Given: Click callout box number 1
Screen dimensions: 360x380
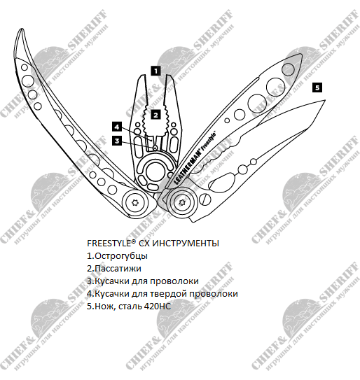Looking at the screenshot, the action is point(155,71).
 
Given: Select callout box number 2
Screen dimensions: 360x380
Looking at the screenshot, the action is point(155,115).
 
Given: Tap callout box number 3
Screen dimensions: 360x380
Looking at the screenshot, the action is point(117,141).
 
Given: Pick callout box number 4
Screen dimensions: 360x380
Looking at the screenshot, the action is point(117,127).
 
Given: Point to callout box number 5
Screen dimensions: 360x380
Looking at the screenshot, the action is point(317,87).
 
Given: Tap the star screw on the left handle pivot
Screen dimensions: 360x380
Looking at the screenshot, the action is point(135,203).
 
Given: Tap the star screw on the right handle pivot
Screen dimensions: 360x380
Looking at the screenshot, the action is point(182,202).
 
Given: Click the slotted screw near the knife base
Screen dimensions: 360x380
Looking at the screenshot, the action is point(205,199).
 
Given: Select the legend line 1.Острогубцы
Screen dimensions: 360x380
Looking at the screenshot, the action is point(117,256).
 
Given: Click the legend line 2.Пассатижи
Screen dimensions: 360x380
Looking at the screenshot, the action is point(114,269).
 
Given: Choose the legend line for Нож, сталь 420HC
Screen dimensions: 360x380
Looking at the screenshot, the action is point(129,307).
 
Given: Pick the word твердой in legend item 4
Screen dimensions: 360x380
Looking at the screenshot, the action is point(169,294).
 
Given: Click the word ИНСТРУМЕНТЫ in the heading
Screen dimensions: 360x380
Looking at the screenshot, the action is point(186,244).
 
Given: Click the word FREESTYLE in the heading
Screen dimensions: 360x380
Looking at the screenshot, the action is point(110,244).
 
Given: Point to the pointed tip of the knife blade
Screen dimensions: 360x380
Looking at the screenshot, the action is point(325,100).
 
